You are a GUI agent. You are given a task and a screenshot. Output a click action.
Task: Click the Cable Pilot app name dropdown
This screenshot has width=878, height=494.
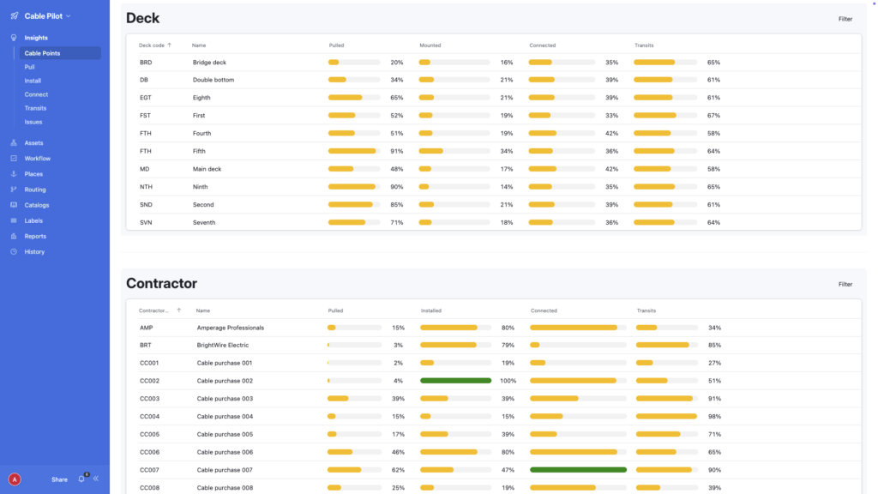47,15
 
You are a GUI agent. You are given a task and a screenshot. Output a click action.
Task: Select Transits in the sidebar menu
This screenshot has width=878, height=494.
35,108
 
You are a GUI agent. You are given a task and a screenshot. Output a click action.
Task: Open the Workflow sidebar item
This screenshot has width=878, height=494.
37,159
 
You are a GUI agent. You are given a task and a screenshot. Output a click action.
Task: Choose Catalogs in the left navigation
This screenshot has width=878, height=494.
37,205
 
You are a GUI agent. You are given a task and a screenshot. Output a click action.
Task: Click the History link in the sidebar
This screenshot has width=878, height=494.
34,251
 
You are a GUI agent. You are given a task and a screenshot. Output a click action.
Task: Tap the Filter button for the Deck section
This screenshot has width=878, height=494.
845,18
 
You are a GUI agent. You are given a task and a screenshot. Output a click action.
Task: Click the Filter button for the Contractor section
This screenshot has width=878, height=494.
845,284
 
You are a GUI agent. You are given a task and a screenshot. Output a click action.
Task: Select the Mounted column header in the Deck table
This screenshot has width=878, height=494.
430,45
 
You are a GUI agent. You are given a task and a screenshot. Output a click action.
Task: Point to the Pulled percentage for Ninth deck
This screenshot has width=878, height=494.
397,187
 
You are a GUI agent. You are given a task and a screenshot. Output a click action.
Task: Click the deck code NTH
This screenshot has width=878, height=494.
146,187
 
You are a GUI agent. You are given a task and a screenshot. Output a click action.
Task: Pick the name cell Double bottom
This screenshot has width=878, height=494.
213,80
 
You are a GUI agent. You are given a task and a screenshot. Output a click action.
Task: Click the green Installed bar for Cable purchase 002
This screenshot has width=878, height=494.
455,381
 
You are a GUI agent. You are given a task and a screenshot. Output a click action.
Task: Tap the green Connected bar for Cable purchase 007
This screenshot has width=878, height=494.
578,470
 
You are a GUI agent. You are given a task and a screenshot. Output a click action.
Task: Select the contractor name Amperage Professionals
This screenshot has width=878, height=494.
230,328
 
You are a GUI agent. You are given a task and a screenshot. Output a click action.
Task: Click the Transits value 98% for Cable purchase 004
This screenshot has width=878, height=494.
714,417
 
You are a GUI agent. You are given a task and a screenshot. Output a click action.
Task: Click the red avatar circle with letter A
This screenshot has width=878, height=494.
14,479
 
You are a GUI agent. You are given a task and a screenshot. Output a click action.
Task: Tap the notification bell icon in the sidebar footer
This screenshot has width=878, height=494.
81,479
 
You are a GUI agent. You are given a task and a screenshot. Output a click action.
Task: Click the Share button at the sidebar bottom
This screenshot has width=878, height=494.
59,479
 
